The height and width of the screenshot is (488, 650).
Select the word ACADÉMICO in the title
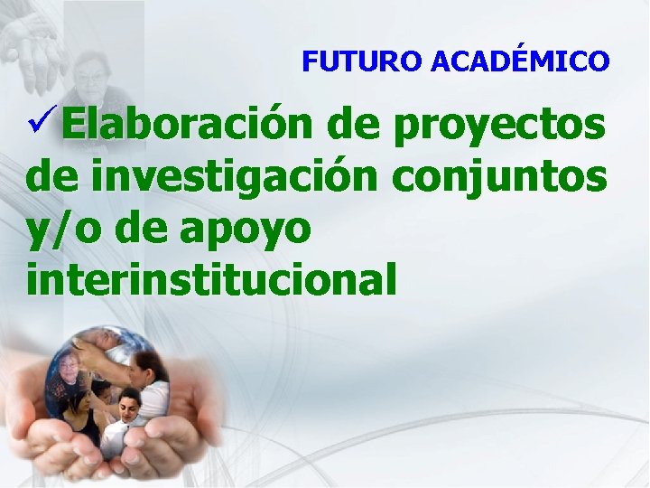520,61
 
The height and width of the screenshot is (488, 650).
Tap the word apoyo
246,230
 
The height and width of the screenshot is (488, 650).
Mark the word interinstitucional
211,280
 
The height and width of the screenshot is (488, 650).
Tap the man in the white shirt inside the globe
126,420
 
